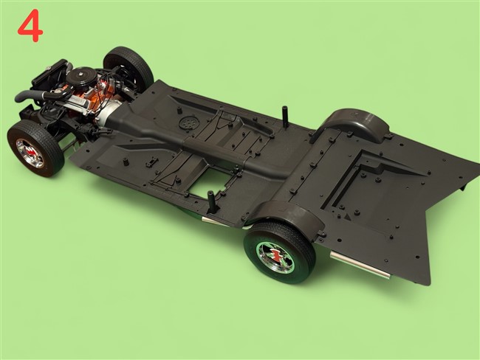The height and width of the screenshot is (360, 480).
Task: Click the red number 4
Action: click(x=30, y=26)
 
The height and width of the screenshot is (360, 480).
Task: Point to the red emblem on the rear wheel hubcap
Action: click(x=275, y=255)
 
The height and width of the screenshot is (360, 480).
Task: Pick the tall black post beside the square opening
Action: click(x=211, y=202)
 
